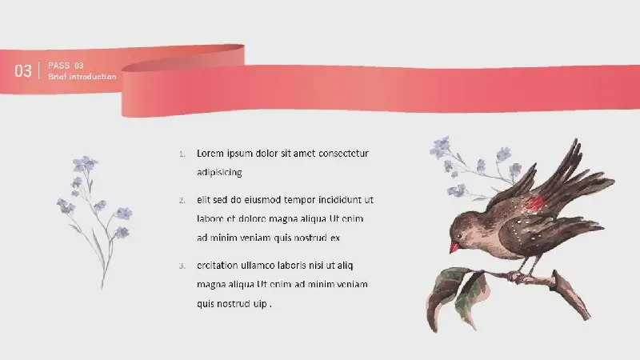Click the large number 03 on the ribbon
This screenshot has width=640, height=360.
(x=23, y=71)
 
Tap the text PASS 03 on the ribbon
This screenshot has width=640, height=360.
(x=66, y=66)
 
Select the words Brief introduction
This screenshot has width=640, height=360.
(x=82, y=76)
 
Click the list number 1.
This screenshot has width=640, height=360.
(x=182, y=154)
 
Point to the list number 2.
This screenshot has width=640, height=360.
(x=182, y=201)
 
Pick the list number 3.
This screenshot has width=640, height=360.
(x=182, y=266)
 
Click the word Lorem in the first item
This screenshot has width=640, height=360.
(x=210, y=154)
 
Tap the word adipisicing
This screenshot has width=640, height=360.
(x=219, y=173)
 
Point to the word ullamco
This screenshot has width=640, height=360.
(x=257, y=266)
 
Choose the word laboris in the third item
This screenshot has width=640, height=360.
(x=292, y=266)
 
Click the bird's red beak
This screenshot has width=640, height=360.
(x=454, y=247)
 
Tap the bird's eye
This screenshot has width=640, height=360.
(x=459, y=236)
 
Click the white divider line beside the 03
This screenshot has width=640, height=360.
(x=39, y=70)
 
